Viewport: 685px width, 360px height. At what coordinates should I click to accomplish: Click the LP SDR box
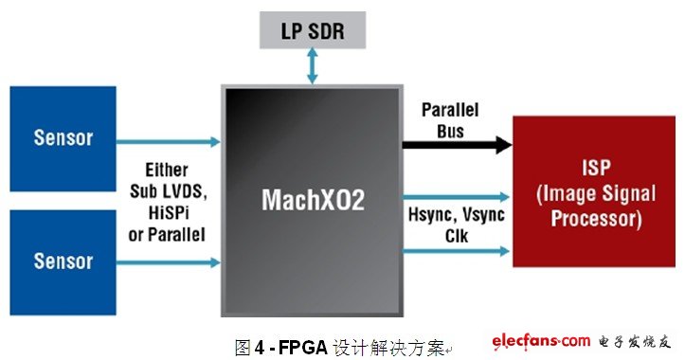(x=313, y=30)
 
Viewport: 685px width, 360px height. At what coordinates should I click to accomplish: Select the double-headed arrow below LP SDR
(x=313, y=65)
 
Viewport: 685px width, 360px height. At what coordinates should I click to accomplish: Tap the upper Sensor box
(x=63, y=138)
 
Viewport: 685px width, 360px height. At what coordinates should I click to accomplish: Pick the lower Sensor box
(x=63, y=262)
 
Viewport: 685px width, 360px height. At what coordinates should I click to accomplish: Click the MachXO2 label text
(x=313, y=200)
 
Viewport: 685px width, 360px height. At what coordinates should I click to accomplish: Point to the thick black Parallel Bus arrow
(x=457, y=145)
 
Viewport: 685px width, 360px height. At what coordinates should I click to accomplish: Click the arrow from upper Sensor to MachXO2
(x=169, y=141)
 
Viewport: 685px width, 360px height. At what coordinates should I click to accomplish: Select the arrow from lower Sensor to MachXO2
(x=169, y=262)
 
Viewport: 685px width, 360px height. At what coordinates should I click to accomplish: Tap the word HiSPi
(x=169, y=213)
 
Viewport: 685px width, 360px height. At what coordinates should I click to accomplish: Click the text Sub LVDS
(x=169, y=191)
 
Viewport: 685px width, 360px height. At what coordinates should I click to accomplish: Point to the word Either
(x=167, y=170)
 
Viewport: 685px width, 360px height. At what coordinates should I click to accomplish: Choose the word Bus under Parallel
(x=450, y=131)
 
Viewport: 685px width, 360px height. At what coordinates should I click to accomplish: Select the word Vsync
(x=483, y=215)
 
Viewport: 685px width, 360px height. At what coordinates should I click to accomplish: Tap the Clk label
(x=457, y=236)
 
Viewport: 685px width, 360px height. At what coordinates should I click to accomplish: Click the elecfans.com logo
(x=541, y=341)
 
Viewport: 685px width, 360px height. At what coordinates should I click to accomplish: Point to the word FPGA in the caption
(x=303, y=348)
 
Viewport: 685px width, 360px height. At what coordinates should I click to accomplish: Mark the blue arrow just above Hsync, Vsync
(x=456, y=197)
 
